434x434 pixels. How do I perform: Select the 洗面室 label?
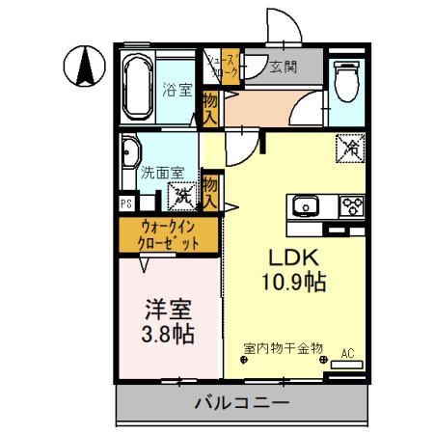coord(159,175)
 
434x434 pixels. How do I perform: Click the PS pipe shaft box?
coord(125,203)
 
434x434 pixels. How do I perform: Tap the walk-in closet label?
coord(170,235)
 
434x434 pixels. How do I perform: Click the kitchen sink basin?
coord(306,204)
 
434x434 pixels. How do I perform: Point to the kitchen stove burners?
coord(349,204)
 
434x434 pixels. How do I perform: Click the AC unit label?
coord(346,354)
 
